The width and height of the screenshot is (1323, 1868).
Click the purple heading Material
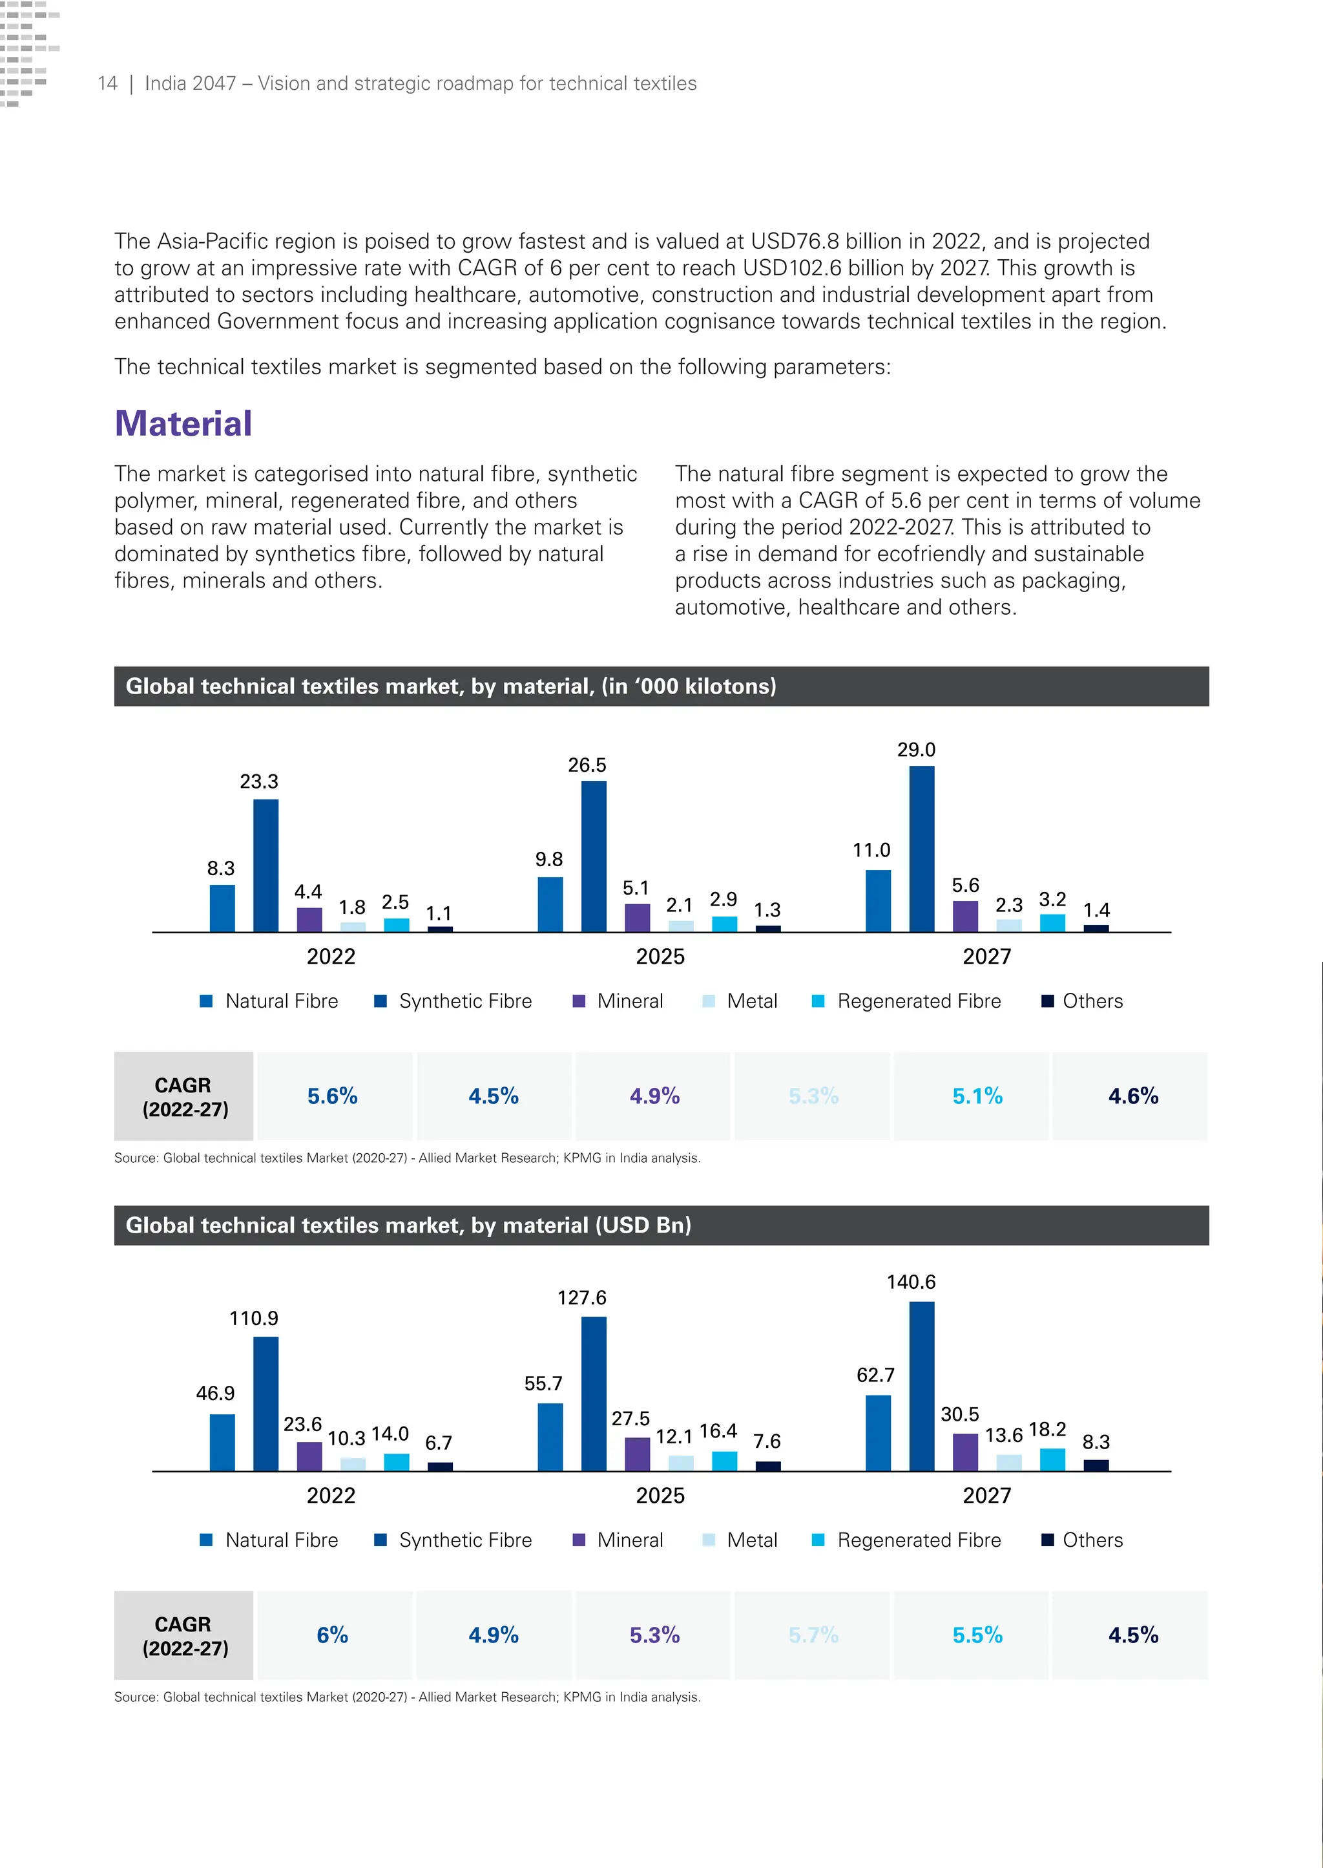[x=183, y=424]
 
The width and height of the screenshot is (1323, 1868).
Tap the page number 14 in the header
[x=107, y=83]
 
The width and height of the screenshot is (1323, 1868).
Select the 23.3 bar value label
[x=259, y=781]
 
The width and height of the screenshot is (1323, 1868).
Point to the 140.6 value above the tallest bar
[x=911, y=1282]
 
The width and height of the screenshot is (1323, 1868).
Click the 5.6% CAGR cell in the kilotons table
[x=333, y=1096]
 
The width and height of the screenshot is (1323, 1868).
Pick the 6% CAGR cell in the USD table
[x=333, y=1635]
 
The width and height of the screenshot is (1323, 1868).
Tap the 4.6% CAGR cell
[x=1132, y=1096]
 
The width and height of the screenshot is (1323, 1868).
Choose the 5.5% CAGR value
[x=977, y=1635]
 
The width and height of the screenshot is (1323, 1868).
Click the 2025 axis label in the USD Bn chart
[x=660, y=1496]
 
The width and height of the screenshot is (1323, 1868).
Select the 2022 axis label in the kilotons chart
[x=331, y=956]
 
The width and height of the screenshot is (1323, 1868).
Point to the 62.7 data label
[x=875, y=1375]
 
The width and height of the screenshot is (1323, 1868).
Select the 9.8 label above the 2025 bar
[x=549, y=859]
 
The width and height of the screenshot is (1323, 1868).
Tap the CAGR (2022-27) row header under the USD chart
[x=184, y=1636]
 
